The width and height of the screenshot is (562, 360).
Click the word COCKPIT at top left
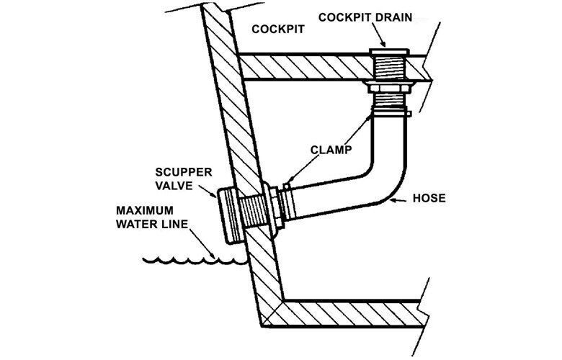coord(278,29)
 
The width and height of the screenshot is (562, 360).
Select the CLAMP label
coord(331,150)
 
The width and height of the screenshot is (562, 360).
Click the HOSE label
coord(429,198)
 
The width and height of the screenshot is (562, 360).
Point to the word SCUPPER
coord(184,172)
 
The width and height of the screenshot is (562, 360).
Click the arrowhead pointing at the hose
coord(393,200)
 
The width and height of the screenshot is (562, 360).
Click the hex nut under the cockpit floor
coord(390,87)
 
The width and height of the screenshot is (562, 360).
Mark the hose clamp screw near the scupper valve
coord(286,186)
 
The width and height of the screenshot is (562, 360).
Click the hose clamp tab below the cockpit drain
coord(409,114)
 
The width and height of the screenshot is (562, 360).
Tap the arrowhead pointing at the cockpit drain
coord(382,44)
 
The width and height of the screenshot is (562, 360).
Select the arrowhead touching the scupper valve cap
coord(213,194)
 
